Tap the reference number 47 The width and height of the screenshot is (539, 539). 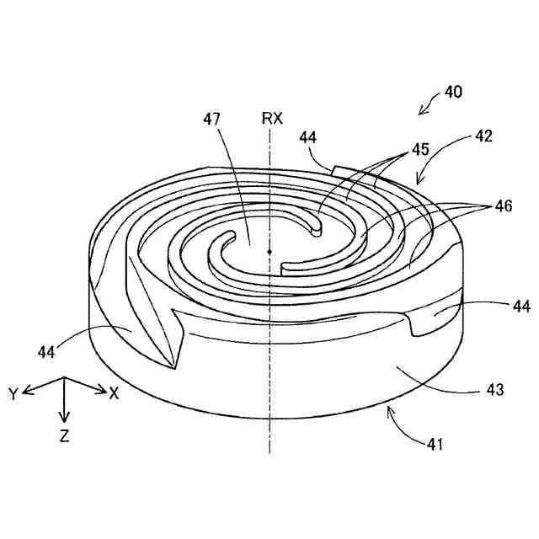coord(211,120)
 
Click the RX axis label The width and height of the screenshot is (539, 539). coord(272,119)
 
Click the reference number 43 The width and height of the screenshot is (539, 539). coord(494,390)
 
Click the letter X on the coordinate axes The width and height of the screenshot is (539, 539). coord(114,392)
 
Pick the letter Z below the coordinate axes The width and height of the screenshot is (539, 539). coord(65,436)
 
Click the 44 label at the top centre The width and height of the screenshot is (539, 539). coord(307,136)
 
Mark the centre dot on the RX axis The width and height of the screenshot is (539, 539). coord(269,251)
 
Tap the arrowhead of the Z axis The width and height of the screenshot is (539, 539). coord(66,418)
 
